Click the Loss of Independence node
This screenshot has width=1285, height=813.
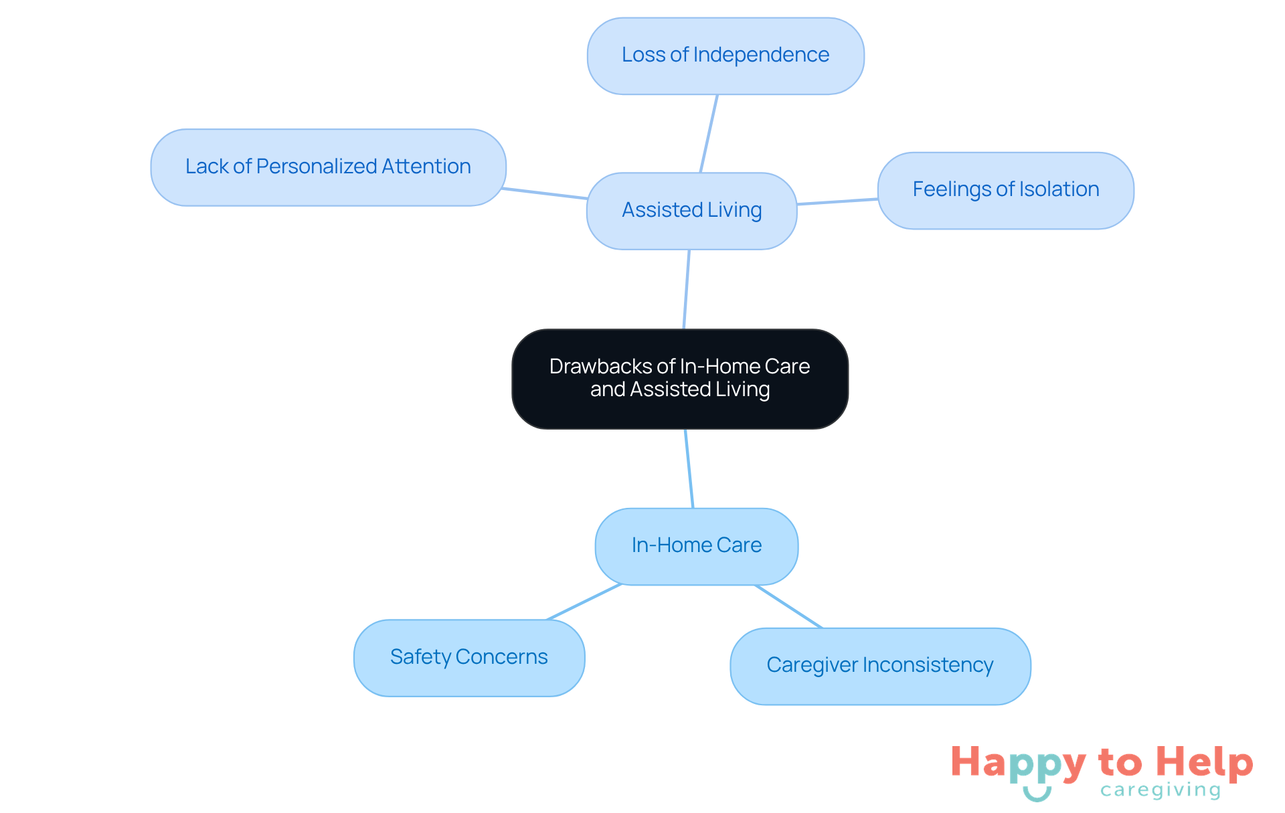click(725, 56)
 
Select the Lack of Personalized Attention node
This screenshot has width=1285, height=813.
click(328, 167)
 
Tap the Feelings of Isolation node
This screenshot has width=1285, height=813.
click(1005, 191)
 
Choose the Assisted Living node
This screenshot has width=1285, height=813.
click(691, 211)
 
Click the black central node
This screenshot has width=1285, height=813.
click(680, 379)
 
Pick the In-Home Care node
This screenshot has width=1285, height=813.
click(696, 547)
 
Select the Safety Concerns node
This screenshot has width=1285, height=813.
click(469, 658)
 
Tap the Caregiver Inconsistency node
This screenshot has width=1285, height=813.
click(880, 666)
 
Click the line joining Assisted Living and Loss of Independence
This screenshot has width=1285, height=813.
click(709, 134)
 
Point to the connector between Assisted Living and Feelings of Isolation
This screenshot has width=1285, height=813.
click(837, 201)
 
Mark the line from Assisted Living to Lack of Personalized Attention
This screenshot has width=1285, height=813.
click(545, 193)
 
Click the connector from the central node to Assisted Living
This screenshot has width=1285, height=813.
click(686, 289)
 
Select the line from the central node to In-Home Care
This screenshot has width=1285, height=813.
click(689, 468)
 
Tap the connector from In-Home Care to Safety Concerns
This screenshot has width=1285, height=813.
click(584, 602)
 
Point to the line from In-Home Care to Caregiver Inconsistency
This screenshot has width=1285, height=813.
click(788, 606)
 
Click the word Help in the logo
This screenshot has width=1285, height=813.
click(1204, 763)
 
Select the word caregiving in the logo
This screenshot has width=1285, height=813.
click(1161, 790)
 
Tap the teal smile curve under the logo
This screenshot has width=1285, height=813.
click(1037, 794)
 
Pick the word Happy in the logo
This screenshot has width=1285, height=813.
click(1018, 764)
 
